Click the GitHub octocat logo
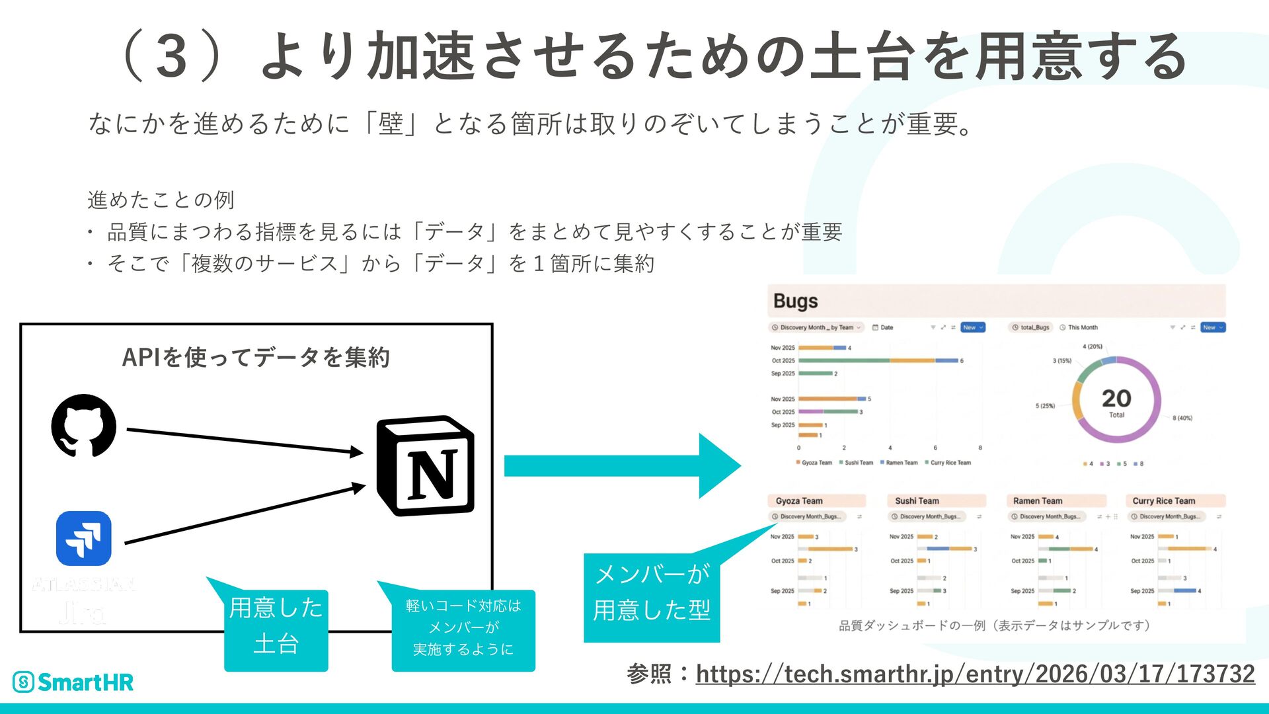[84, 426]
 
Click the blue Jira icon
[84, 538]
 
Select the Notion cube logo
[426, 465]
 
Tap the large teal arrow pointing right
[621, 465]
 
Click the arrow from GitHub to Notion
[245, 441]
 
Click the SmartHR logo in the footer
[73, 682]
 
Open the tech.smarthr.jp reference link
[975, 674]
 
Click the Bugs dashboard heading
[796, 301]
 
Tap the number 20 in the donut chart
[1116, 398]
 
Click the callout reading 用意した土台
[276, 626]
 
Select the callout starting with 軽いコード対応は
[463, 627]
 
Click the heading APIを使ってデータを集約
[256, 358]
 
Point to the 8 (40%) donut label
[1182, 418]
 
